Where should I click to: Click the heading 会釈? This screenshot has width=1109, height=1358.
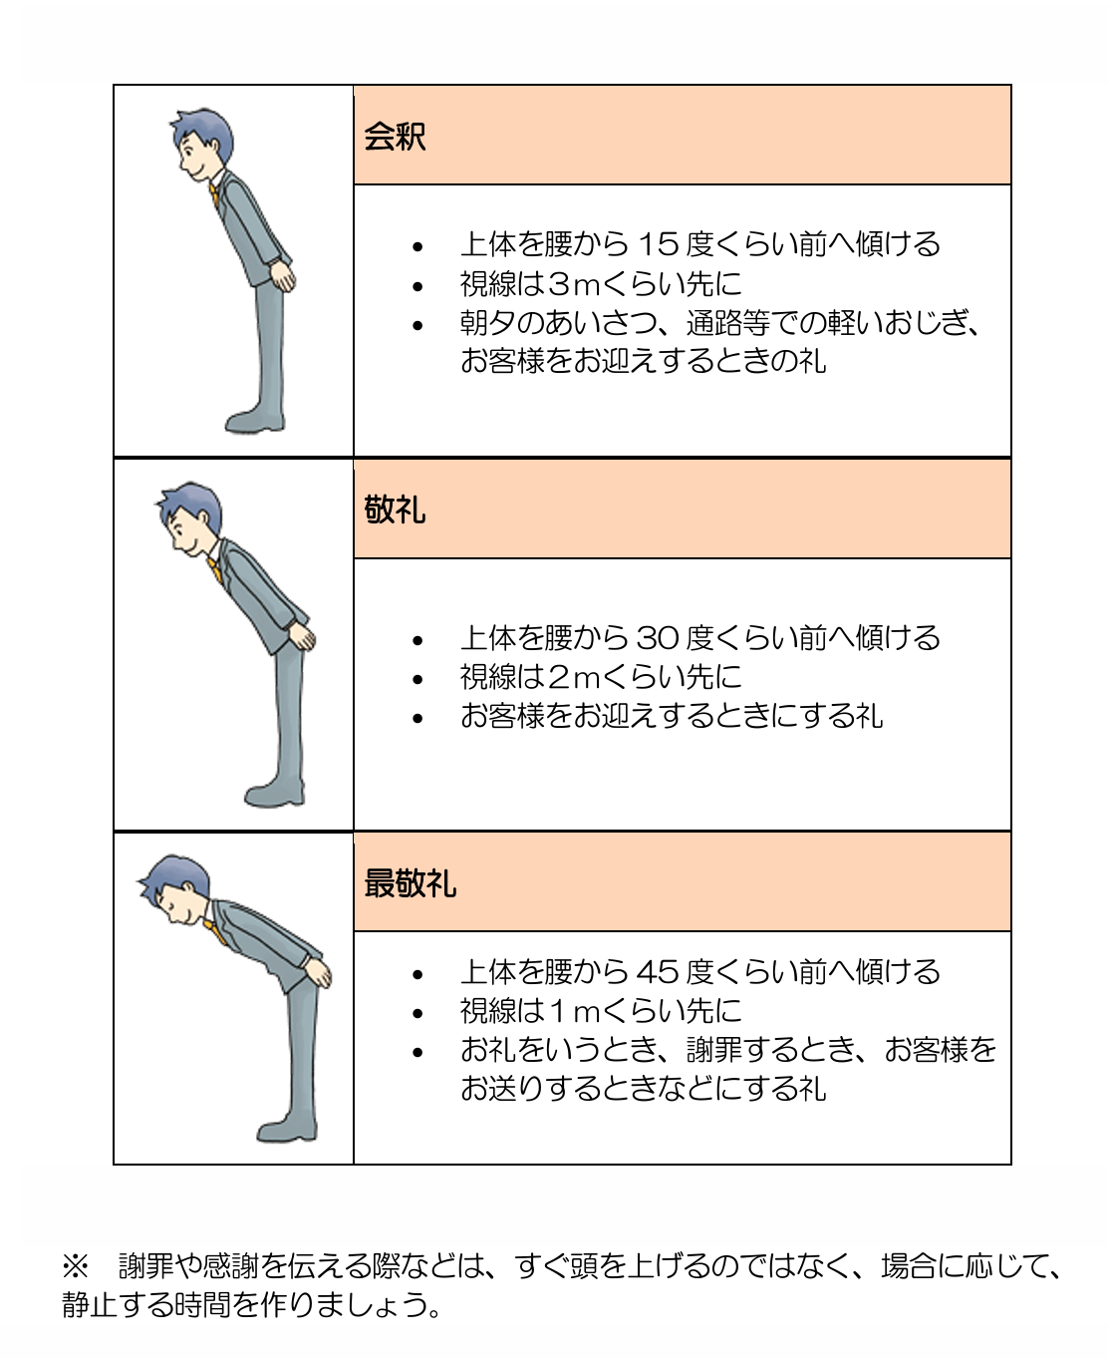point(395,137)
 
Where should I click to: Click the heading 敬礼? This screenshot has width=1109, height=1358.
point(395,509)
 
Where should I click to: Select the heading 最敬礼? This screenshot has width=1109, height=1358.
point(410,883)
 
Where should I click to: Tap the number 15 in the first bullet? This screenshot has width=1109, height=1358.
point(659,244)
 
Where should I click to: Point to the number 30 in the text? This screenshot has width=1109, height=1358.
point(658,638)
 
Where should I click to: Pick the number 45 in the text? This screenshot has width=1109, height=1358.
point(658,973)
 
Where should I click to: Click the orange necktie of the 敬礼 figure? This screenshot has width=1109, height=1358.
point(214,570)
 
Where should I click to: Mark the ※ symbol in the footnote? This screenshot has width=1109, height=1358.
point(76,1264)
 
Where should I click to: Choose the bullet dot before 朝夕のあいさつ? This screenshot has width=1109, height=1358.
point(417,325)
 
